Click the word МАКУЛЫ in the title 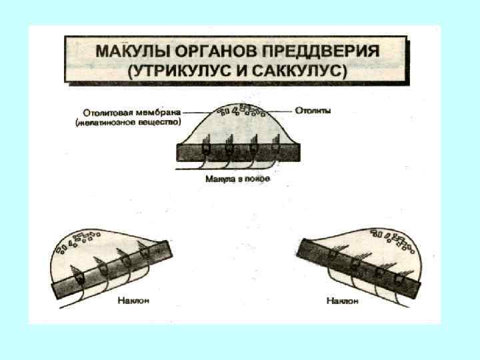[127, 51]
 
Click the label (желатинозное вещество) [128, 123]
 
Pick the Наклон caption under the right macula [343, 301]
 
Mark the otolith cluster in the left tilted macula [79, 241]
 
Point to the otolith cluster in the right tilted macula [393, 239]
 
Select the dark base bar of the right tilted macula [360, 267]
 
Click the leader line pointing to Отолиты [284, 110]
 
